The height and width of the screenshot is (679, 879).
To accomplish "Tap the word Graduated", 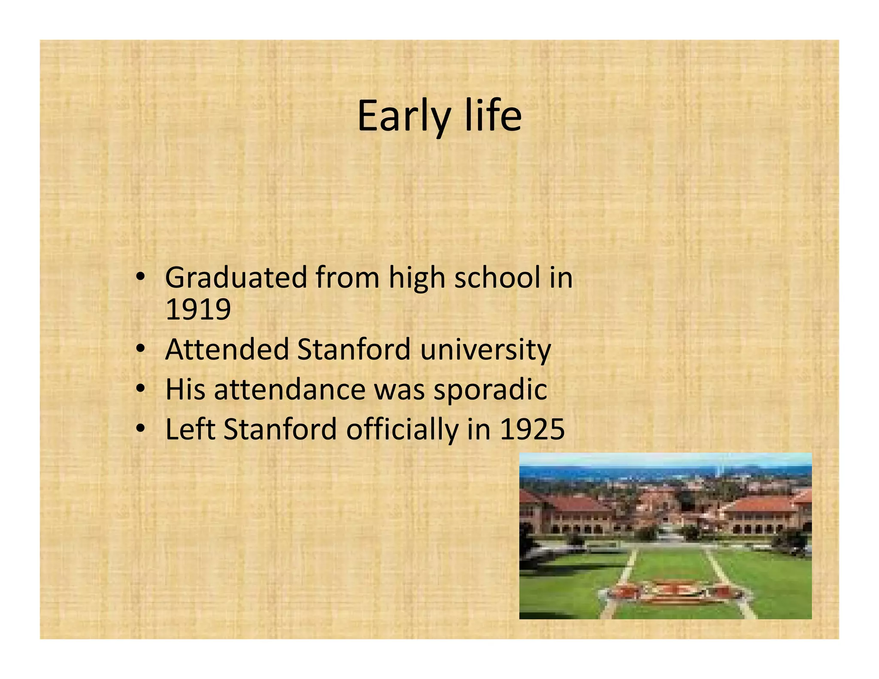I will [x=236, y=278].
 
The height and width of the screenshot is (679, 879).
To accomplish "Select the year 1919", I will [x=198, y=309].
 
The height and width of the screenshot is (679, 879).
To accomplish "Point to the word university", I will [x=485, y=350].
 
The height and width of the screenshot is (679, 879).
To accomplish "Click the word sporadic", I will [x=490, y=390].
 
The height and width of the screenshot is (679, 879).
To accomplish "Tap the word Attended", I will [x=227, y=349].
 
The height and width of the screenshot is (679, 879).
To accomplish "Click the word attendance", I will [x=289, y=390].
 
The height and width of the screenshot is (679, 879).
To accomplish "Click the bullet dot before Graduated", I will [x=140, y=278].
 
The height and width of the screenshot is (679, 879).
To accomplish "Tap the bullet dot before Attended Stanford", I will [x=140, y=349].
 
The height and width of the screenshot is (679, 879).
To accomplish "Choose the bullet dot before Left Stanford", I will [x=140, y=429].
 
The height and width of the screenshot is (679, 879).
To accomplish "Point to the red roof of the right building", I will [x=764, y=504].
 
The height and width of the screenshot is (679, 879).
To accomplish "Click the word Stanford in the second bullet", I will [x=354, y=349].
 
